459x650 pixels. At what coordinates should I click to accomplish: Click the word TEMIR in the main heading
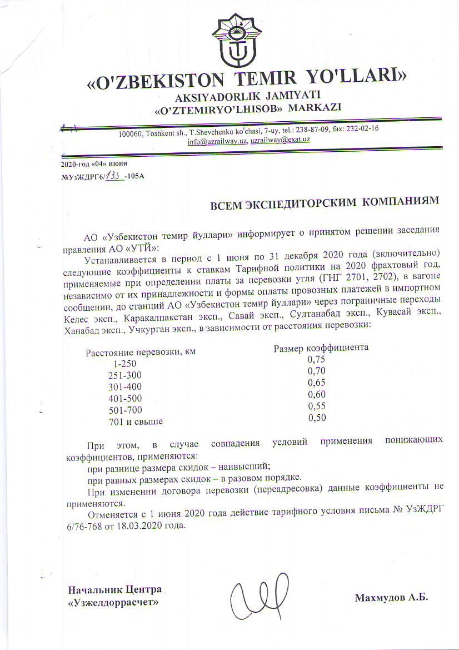(x=267, y=77)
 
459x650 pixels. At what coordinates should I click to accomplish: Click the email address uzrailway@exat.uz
(x=280, y=141)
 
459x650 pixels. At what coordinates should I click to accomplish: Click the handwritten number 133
(x=115, y=175)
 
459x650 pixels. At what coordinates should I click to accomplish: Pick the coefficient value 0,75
(x=316, y=359)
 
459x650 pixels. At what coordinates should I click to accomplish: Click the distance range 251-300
(x=125, y=375)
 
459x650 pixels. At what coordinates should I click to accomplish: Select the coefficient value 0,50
(x=317, y=418)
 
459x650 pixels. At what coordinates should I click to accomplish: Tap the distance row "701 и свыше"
(x=136, y=421)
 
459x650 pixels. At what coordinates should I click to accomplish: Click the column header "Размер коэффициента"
(x=321, y=348)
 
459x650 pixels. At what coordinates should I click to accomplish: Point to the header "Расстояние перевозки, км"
(x=140, y=352)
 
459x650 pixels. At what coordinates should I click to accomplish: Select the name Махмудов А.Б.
(x=391, y=598)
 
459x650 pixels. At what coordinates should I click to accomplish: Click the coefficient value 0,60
(x=317, y=394)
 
